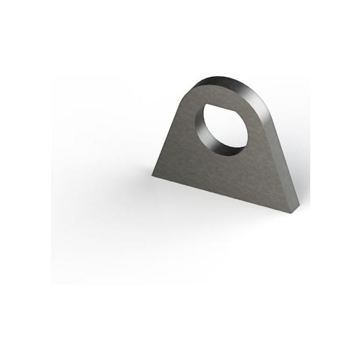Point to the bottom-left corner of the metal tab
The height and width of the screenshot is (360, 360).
tap(152, 175)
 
